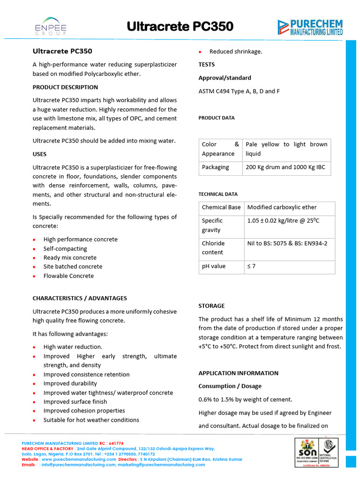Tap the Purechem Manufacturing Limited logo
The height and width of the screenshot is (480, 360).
[x=310, y=27]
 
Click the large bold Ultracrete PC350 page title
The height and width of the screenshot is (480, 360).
[x=180, y=27]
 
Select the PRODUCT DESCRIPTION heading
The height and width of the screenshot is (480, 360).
[x=65, y=87]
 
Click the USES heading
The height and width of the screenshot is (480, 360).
[x=39, y=154]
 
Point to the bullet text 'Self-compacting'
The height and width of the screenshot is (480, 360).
[x=65, y=248]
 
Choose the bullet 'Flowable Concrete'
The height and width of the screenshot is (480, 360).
[x=68, y=276]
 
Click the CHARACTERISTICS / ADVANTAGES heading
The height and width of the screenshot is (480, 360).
[x=80, y=298]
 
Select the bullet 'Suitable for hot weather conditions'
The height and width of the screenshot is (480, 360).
[x=91, y=420]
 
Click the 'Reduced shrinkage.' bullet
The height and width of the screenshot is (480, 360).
[x=236, y=52]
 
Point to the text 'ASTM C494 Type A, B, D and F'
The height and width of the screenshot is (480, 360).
[x=239, y=91]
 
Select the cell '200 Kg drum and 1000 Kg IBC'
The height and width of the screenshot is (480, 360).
[x=285, y=167]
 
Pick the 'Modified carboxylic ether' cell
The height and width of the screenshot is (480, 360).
[x=282, y=207]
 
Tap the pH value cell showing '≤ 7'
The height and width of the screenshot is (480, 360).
[x=252, y=266]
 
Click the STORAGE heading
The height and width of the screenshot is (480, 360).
[x=211, y=306]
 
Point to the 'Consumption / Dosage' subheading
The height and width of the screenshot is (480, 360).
[x=230, y=386]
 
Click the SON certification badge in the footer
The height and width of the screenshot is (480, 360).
[x=307, y=452]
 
